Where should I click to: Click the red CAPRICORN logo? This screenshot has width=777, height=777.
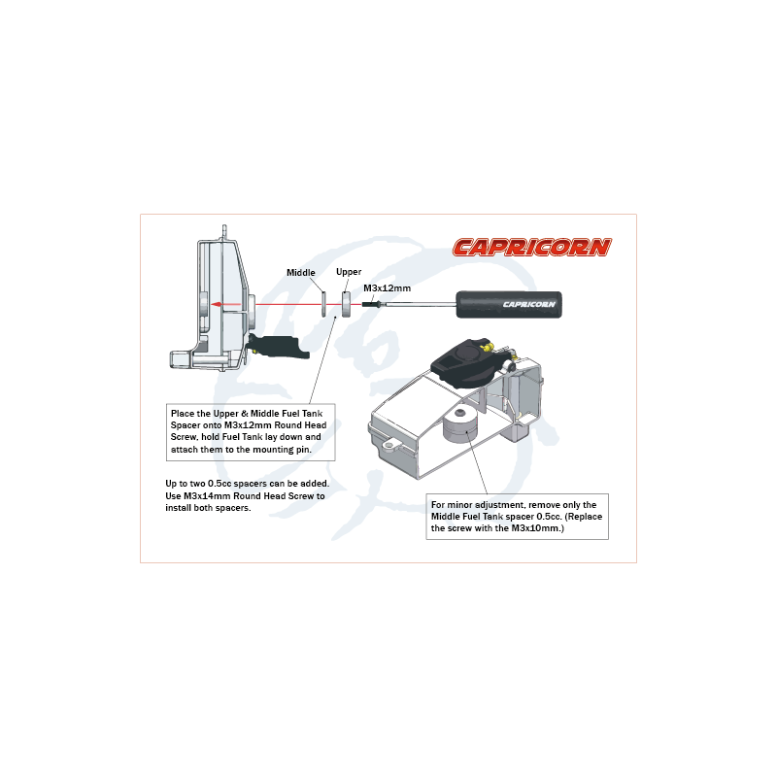coord(531,247)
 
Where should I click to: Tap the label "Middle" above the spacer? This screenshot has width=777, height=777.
coord(302,272)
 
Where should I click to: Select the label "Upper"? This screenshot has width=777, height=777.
coord(349,272)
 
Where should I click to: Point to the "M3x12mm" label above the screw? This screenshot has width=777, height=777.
coord(387,288)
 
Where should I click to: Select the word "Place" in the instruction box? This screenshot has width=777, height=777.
coord(182,413)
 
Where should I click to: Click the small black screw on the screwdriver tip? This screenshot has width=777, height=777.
coord(372,304)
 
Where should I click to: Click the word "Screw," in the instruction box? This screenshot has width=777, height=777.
coord(187,438)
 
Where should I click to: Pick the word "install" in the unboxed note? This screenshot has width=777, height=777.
coord(182,509)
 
